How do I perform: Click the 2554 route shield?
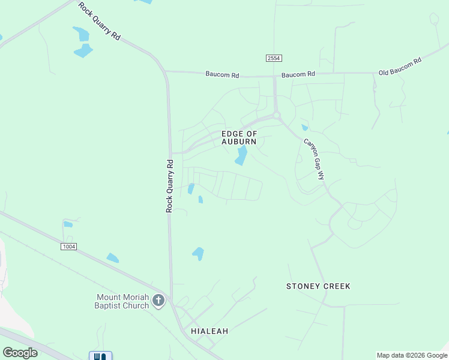pyautogui.click(x=274, y=58)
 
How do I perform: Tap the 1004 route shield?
pyautogui.click(x=69, y=247)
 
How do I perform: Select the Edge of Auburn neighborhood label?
pyautogui.click(x=239, y=137)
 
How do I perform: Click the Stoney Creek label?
pyautogui.click(x=318, y=286)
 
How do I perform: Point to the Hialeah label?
pyautogui.click(x=209, y=331)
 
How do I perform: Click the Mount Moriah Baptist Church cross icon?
pyautogui.click(x=158, y=300)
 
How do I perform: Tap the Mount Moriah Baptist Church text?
pyautogui.click(x=122, y=301)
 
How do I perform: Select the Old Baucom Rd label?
pyautogui.click(x=400, y=67)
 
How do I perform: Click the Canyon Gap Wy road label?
pyautogui.click(x=314, y=160)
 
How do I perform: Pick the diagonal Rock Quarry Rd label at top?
pyautogui.click(x=100, y=21)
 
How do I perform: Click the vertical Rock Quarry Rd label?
pyautogui.click(x=170, y=185)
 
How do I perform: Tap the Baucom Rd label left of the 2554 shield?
pyautogui.click(x=222, y=75)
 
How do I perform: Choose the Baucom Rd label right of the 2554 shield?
pyautogui.click(x=298, y=74)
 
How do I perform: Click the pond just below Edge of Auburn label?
pyautogui.click(x=241, y=156)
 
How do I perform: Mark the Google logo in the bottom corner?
pyautogui.click(x=20, y=353)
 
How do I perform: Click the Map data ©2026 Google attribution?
pyautogui.click(x=412, y=355)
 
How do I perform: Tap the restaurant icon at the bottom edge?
pyautogui.click(x=100, y=356)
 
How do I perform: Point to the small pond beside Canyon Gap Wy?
pyautogui.click(x=305, y=127)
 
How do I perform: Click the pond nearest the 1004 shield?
pyautogui.click(x=68, y=224)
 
